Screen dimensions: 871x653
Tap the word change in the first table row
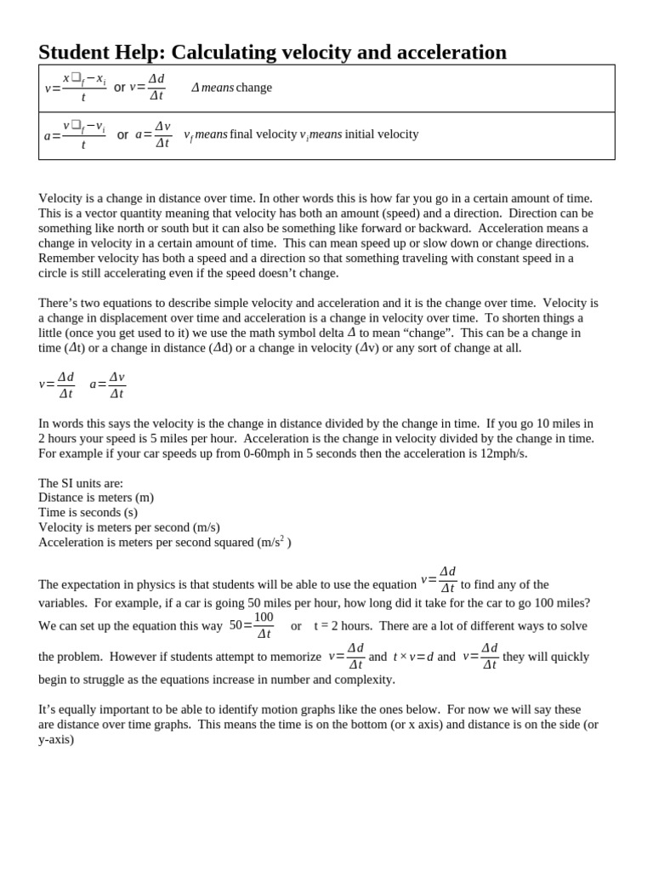(254, 88)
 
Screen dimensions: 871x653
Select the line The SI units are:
(81, 483)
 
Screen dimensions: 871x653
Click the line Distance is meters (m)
(96, 498)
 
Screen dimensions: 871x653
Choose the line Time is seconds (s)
(88, 512)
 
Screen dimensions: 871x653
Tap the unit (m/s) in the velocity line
(206, 527)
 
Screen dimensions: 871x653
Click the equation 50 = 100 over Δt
(253, 625)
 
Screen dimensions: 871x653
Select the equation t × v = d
(413, 657)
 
